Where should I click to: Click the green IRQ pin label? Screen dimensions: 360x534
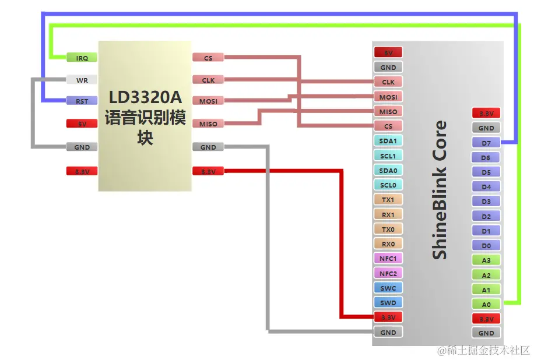[x=82, y=58]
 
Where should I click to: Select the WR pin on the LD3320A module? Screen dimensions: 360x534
[x=82, y=80]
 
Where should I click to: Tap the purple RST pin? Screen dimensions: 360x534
[x=82, y=101]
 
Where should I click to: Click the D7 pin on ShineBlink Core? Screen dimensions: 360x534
[x=486, y=143]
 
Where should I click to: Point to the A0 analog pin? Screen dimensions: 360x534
[x=486, y=304]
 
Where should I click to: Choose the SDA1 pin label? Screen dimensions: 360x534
[x=388, y=141]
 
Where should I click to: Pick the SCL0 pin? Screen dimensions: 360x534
[x=388, y=185]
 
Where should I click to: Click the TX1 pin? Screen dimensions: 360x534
[x=388, y=200]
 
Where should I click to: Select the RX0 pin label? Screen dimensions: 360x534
[x=388, y=244]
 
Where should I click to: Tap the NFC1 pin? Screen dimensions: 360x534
[x=388, y=259]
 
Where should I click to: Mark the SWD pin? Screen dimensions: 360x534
[x=388, y=303]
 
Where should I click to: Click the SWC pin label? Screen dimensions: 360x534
[x=388, y=288]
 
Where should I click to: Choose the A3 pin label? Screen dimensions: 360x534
[x=486, y=260]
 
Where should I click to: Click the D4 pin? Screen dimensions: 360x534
[x=486, y=187]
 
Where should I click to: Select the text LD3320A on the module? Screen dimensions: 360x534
[x=145, y=96]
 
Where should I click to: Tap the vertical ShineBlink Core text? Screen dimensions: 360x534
[x=440, y=190]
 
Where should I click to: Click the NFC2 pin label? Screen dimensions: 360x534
[x=388, y=273]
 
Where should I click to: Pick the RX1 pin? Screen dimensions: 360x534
[x=388, y=214]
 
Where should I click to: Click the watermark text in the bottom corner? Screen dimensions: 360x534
[x=484, y=351]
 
